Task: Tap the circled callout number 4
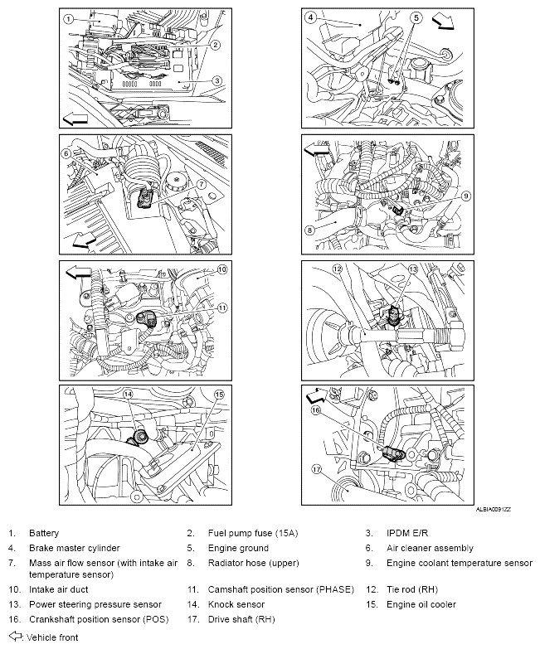tap(310, 17)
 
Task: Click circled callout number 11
tap(222, 308)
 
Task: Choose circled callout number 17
tap(316, 469)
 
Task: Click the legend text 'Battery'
tap(44, 534)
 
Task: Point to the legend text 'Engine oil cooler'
tap(421, 604)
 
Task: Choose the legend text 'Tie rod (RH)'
tap(411, 589)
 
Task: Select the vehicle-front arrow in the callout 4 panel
tap(444, 22)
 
